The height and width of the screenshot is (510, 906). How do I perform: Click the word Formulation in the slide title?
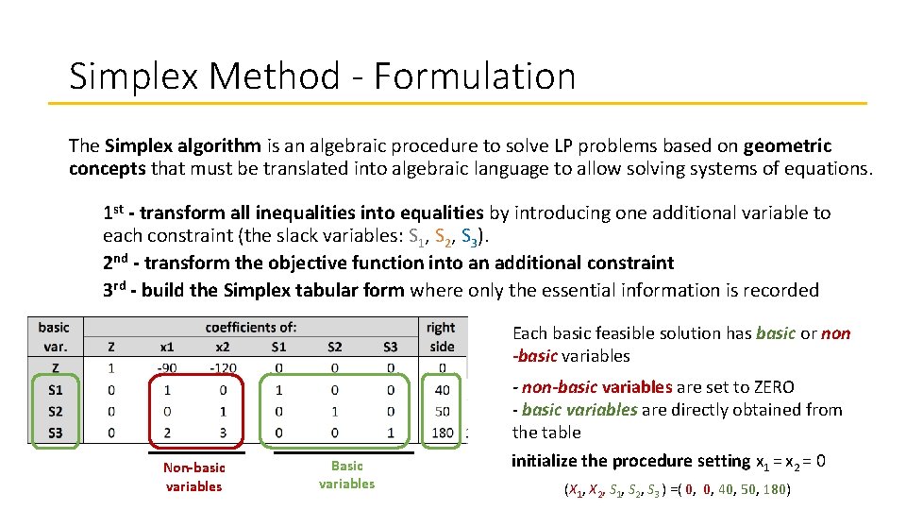point(474,76)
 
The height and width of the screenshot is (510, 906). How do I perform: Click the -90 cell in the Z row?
point(167,367)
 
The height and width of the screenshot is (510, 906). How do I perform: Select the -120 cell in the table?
point(222,367)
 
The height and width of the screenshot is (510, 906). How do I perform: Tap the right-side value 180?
point(442,433)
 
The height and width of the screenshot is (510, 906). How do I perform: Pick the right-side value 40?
point(442,389)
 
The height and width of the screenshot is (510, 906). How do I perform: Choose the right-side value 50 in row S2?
point(442,412)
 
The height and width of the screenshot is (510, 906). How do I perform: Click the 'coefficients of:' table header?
point(251,328)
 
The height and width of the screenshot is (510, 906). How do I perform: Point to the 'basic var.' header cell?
point(54,337)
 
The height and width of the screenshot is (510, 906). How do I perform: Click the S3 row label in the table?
point(54,433)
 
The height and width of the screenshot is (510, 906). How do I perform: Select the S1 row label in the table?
point(54,389)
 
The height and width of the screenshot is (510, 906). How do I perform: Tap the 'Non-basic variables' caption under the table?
point(193,477)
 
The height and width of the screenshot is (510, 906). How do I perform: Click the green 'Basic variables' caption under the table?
point(346,474)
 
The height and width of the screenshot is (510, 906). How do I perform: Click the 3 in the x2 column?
point(222,433)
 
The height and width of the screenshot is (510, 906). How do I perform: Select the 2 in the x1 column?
point(167,433)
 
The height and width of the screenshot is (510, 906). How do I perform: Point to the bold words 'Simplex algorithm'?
point(183,146)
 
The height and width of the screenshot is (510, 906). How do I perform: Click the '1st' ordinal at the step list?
point(117,212)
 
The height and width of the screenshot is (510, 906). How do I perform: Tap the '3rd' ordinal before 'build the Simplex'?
point(117,290)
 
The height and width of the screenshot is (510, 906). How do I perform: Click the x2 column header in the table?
point(222,347)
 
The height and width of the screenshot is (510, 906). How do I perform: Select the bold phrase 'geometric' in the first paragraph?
point(787,146)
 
